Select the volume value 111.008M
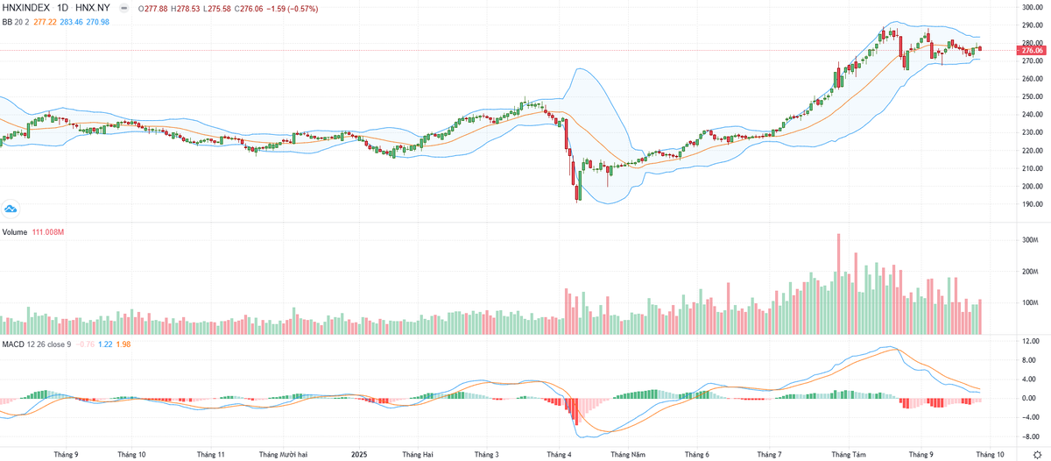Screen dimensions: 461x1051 point(50,232)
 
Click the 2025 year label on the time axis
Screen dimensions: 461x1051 point(360,455)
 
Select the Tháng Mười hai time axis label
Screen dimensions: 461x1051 point(283,455)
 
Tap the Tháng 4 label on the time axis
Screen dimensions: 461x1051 point(558,455)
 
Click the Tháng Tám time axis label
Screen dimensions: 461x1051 point(848,455)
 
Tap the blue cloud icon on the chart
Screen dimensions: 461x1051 point(11,209)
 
